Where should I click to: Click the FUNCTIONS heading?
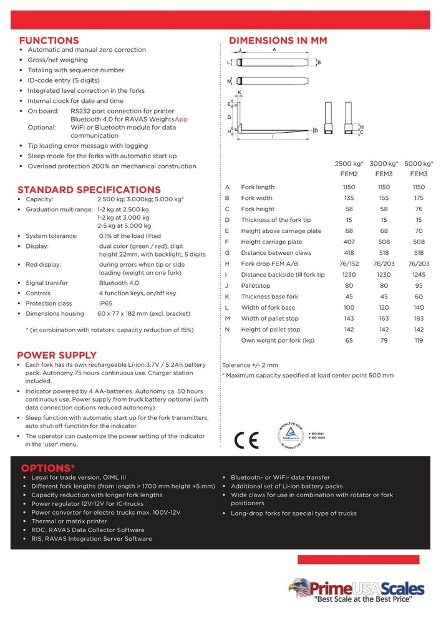pos(48,40)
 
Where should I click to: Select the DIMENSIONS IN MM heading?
pos(278,40)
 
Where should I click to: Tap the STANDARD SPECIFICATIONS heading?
pos(89,189)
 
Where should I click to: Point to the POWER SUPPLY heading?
pos(57,355)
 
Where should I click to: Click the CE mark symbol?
pos(246,440)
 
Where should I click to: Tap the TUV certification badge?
pos(291,434)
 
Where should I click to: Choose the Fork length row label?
pos(258,187)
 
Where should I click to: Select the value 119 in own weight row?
pos(419,340)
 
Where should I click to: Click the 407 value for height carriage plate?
pos(349,242)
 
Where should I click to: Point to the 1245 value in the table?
pos(419,275)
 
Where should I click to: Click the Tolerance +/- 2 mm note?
pos(250,365)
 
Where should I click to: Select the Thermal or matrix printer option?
pos(69,521)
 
